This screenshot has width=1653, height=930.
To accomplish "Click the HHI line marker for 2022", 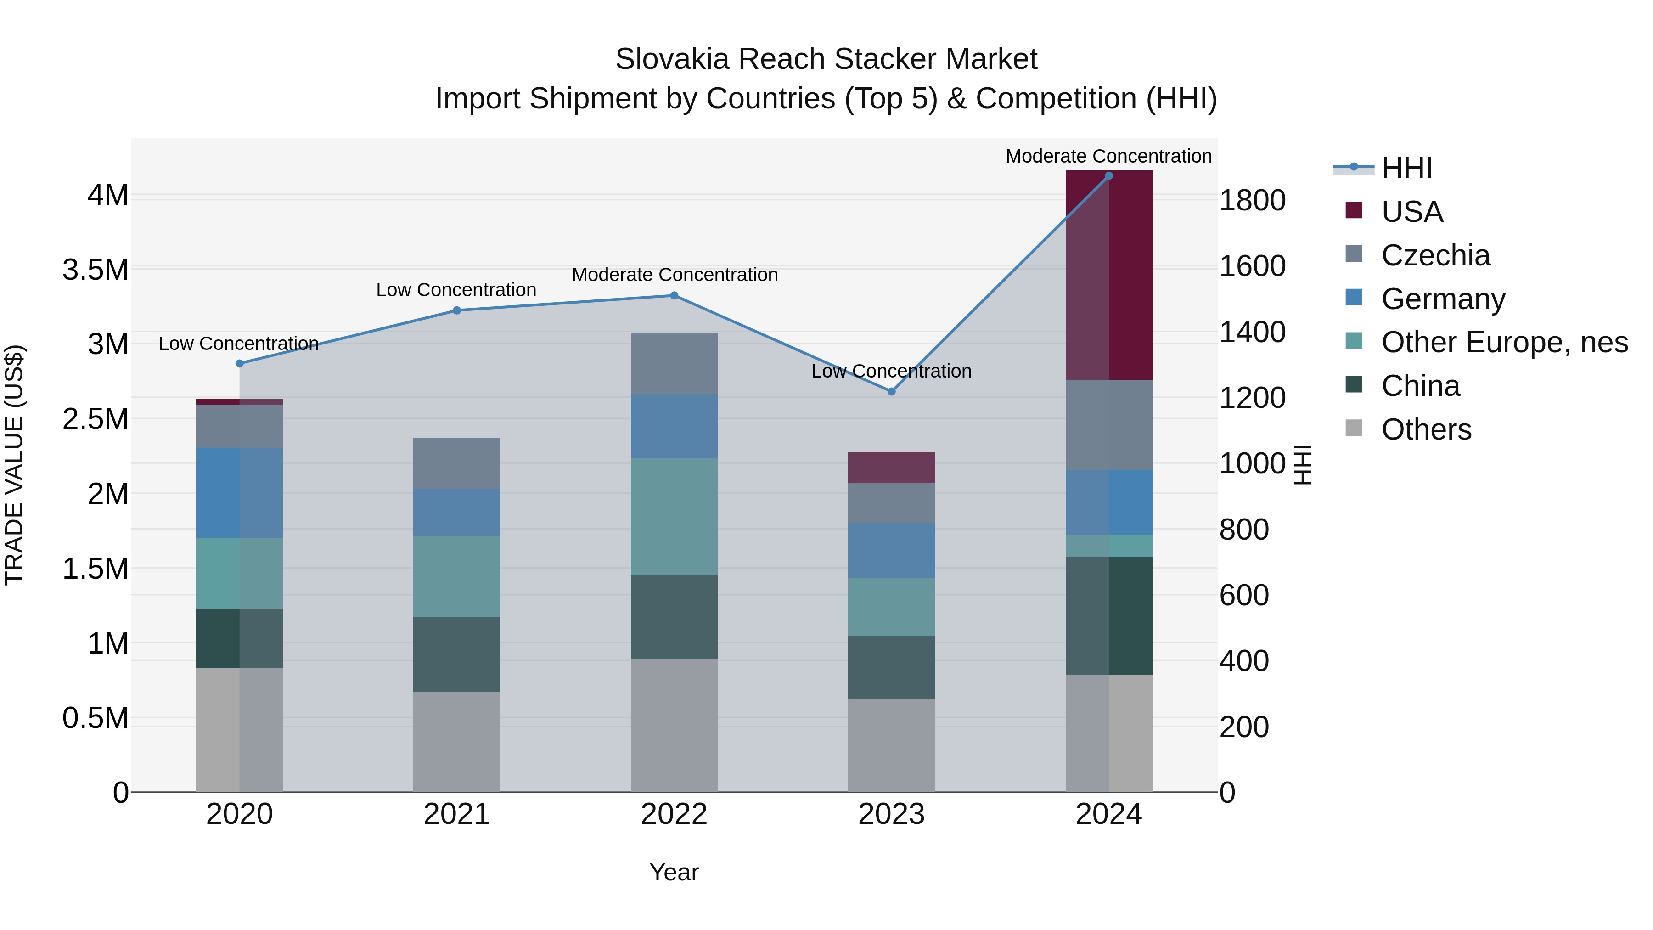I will (674, 296).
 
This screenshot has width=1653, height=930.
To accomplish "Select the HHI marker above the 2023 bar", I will (891, 391).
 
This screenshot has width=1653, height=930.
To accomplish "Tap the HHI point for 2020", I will (239, 363).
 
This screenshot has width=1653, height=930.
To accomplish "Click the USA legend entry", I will (1412, 212).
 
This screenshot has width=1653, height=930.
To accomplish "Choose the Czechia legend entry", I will (1435, 255).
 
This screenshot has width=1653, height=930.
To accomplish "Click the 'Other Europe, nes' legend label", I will (1504, 342).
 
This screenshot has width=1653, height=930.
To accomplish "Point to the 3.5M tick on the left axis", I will (96, 270).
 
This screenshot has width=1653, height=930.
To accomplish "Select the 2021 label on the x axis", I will (456, 814).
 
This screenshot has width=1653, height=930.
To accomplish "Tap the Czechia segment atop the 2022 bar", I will (674, 363).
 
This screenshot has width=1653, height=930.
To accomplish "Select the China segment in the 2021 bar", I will (456, 654).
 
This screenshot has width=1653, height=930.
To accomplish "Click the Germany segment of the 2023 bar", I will (891, 550).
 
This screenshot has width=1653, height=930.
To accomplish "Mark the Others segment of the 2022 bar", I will (674, 725).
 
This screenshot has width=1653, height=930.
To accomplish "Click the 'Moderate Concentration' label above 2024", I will (1108, 156).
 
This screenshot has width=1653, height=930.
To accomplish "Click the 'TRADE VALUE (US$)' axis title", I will (14, 465).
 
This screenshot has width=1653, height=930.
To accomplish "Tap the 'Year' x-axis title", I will (674, 872).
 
